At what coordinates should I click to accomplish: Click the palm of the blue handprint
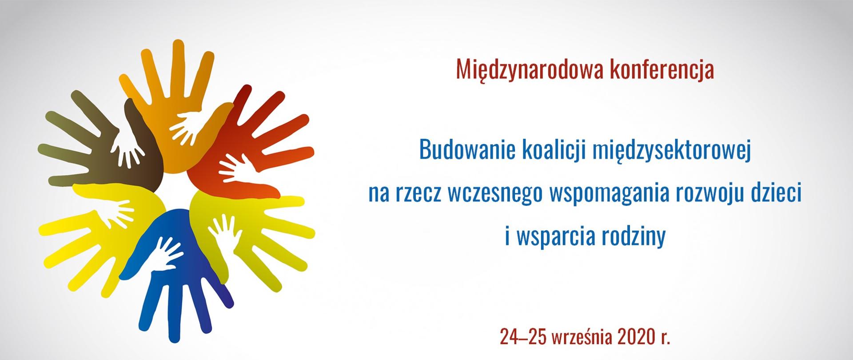point(178,267)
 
